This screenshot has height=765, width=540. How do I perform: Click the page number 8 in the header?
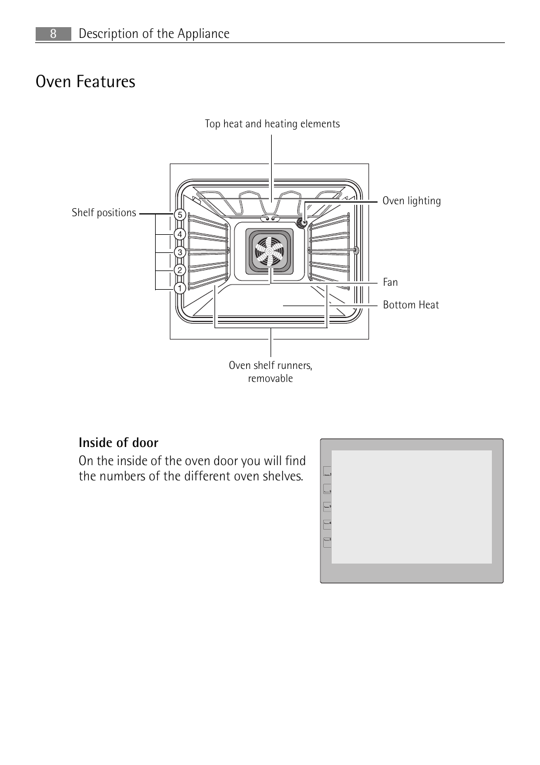click(53, 34)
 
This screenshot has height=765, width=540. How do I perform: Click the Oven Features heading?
click(85, 81)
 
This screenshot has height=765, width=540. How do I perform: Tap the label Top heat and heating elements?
click(272, 124)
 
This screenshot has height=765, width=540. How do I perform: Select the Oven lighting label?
click(412, 201)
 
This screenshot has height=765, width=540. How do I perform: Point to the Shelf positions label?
click(104, 213)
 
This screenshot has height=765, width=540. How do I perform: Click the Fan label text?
click(390, 282)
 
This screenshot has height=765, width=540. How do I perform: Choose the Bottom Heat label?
click(411, 305)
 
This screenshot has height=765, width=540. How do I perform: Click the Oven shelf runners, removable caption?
click(271, 372)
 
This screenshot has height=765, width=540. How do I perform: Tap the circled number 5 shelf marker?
click(180, 214)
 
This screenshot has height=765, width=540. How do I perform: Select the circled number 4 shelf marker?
click(180, 234)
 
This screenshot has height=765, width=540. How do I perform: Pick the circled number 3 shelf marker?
click(180, 252)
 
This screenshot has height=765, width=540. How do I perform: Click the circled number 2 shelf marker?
click(180, 270)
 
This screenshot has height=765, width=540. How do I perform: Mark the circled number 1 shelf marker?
click(180, 288)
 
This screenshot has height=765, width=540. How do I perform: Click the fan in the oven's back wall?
click(269, 251)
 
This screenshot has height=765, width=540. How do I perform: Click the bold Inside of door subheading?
click(118, 442)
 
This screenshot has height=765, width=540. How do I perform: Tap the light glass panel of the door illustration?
click(412, 506)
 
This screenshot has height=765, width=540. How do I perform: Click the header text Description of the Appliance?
click(154, 34)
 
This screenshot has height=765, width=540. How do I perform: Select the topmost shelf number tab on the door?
click(327, 471)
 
